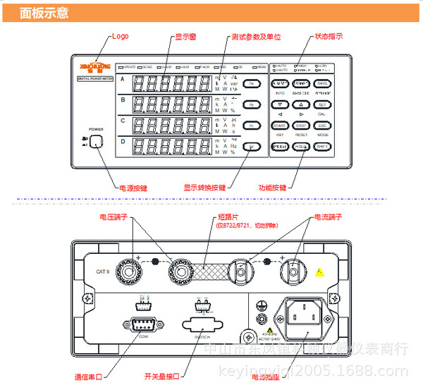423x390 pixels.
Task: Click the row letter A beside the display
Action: click(122, 79)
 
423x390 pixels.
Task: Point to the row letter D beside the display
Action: click(122, 141)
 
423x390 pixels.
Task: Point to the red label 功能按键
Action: click(274, 188)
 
